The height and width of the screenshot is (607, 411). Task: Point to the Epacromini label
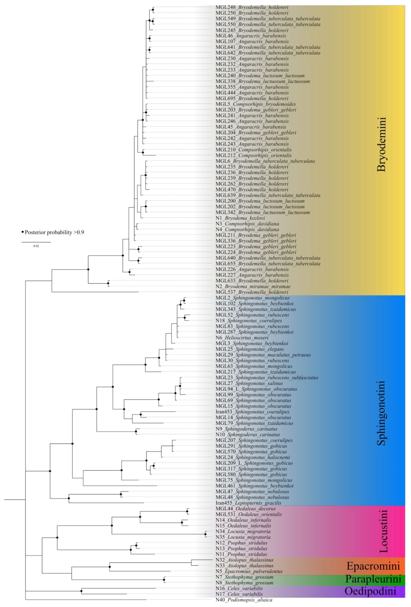point(373,566)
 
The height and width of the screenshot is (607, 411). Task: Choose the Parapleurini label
point(373,579)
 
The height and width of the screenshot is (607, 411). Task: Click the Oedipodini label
point(370,591)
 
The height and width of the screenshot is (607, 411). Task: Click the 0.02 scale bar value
point(36,246)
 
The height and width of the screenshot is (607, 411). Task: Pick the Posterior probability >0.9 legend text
point(54,232)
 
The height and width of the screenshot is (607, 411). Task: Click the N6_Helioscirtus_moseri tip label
point(242,338)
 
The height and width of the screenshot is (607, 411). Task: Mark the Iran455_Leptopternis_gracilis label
point(248,503)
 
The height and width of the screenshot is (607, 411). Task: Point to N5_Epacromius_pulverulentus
point(249,571)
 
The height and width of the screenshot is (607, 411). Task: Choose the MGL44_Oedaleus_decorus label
point(245,509)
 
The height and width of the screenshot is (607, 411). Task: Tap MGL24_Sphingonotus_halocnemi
point(253,457)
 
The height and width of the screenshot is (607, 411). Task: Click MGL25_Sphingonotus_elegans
point(249,349)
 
